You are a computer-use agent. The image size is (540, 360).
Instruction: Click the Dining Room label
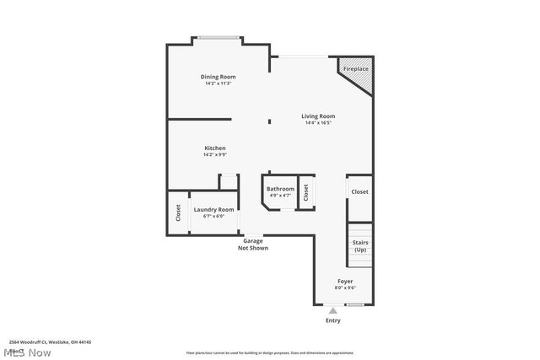pyautogui.click(x=218, y=77)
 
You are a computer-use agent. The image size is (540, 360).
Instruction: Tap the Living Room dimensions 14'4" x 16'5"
pyautogui.click(x=319, y=123)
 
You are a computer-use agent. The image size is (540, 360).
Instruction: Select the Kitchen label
pyautogui.click(x=214, y=148)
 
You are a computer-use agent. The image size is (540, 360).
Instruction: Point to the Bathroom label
pyautogui.click(x=280, y=189)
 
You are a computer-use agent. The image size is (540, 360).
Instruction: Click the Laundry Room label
pyautogui.click(x=213, y=210)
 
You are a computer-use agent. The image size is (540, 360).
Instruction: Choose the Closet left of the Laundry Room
pyautogui.click(x=178, y=212)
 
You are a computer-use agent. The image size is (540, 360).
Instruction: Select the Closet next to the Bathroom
pyautogui.click(x=306, y=191)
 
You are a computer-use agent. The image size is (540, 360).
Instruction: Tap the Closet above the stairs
pyautogui.click(x=359, y=192)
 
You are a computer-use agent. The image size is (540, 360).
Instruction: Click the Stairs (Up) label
pyautogui.click(x=360, y=246)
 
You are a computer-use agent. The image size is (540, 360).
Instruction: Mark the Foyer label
pyautogui.click(x=344, y=281)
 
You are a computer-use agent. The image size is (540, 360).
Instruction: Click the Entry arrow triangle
pyautogui.click(x=332, y=310)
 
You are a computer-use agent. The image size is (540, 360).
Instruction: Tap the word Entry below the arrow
pyautogui.click(x=332, y=320)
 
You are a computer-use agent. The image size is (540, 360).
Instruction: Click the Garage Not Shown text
pyautogui.click(x=253, y=244)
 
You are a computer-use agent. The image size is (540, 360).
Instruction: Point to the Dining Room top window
pyautogui.click(x=218, y=37)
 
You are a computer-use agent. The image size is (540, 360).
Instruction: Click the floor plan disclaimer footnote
pyautogui.click(x=270, y=352)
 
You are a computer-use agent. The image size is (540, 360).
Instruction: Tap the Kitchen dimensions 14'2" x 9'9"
pyautogui.click(x=214, y=155)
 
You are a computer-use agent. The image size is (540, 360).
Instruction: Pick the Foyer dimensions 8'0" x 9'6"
pyautogui.click(x=344, y=287)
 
